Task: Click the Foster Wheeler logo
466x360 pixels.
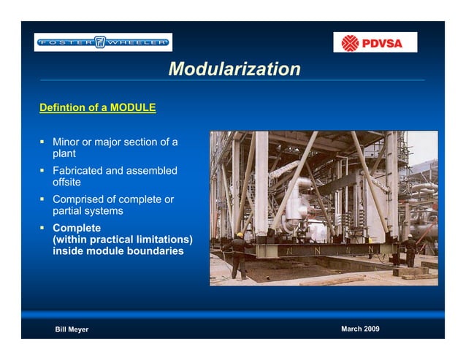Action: pyautogui.click(x=103, y=42)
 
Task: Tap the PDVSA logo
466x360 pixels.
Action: pyautogui.click(x=375, y=42)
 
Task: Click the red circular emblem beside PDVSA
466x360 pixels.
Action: pyautogui.click(x=351, y=42)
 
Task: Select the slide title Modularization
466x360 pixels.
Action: pyautogui.click(x=234, y=69)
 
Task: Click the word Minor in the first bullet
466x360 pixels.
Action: pyautogui.click(x=66, y=142)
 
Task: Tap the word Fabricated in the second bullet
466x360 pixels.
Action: pyautogui.click(x=78, y=171)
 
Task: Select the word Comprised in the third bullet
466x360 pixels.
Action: pyautogui.click(x=80, y=199)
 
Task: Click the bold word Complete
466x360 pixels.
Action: pyautogui.click(x=77, y=228)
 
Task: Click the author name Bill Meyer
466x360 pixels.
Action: pyautogui.click(x=72, y=329)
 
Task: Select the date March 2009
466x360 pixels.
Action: pyautogui.click(x=360, y=329)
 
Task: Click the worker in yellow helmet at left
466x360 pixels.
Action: pyautogui.click(x=239, y=255)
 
